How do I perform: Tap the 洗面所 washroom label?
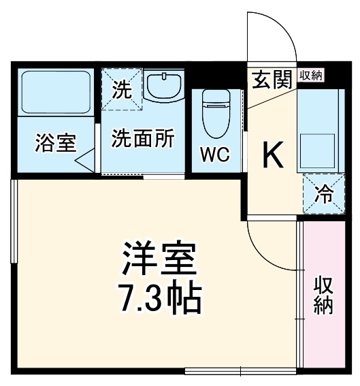tap(144, 138)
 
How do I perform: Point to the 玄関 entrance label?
tap(272, 79)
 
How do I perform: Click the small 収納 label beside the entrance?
tap(310, 76)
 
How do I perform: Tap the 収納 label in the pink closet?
tap(323, 295)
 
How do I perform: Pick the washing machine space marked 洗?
tap(121, 89)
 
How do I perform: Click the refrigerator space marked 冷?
tap(323, 195)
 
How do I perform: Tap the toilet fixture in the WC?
tap(215, 112)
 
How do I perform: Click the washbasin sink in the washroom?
tap(163, 86)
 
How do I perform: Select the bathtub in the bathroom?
tap(56, 91)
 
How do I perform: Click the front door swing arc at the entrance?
tap(272, 37)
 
